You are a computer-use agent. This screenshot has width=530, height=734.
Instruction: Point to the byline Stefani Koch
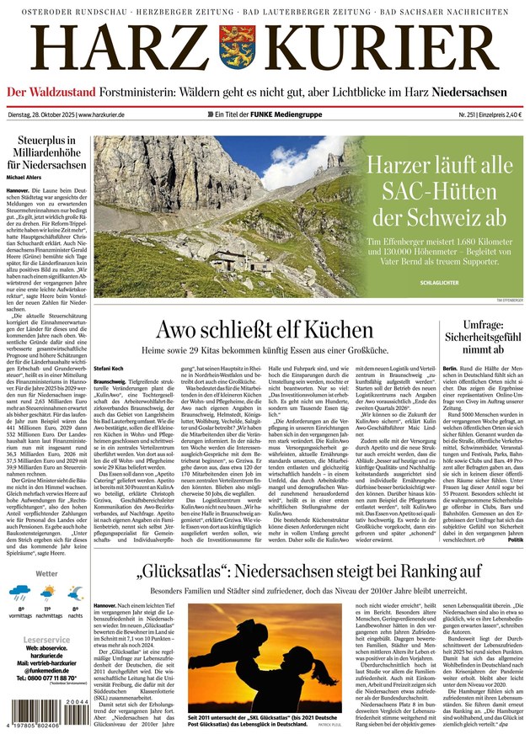110,368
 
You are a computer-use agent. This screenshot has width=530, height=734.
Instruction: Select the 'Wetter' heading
46,573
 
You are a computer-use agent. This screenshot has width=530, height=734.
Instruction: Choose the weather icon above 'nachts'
75,593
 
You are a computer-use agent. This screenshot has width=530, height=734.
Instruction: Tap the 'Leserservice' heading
47,640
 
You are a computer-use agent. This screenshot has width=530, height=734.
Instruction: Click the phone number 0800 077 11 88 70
51,677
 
